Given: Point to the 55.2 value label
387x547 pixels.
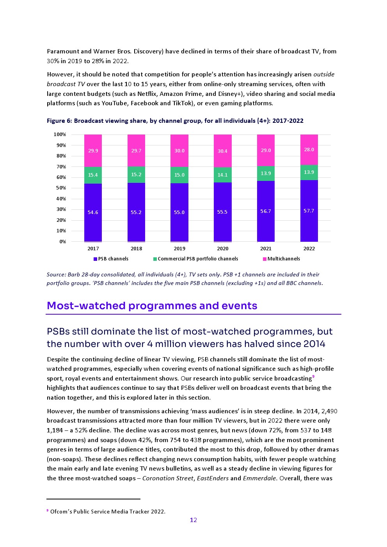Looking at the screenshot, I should click(136, 212).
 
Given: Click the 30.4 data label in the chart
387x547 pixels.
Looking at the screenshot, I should click(222, 151).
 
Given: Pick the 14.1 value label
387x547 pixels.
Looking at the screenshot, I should click(222, 175).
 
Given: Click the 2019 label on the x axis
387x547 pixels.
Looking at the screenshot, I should click(179, 249).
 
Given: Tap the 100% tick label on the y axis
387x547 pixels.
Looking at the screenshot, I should click(60, 135).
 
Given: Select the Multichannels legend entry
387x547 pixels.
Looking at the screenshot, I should click(284, 259).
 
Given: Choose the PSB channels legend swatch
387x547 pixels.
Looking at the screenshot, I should click(96, 259).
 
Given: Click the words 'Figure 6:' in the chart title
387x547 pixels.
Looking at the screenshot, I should click(59, 121).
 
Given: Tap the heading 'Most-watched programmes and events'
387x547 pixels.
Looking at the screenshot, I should click(152, 306).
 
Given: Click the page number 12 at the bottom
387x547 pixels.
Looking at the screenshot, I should click(193, 520).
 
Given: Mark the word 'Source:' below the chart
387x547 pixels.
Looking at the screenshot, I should click(56, 274).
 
